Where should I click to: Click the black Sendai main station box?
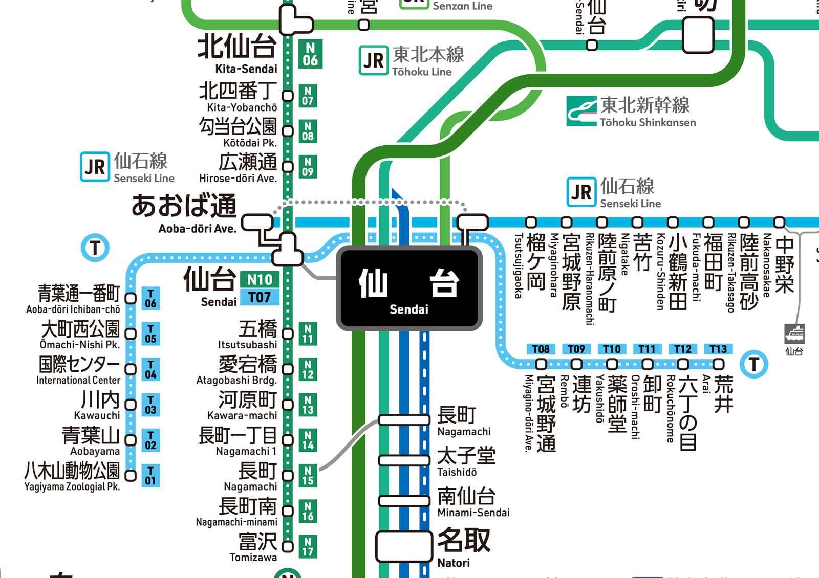tap(409, 288)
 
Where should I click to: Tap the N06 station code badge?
tap(310, 54)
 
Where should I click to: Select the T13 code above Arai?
tap(718, 349)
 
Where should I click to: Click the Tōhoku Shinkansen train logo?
tap(581, 111)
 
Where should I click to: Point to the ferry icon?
tap(794, 334)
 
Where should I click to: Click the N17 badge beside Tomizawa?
tap(308, 546)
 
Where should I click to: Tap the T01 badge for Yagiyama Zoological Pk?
tap(150, 475)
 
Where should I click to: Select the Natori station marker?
tap(404, 546)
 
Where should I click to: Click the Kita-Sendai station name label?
tap(246, 69)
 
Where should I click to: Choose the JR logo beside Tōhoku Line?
tap(373, 61)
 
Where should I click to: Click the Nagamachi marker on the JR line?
tap(404, 420)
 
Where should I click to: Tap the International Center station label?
tap(78, 380)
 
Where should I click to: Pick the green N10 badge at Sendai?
tap(260, 279)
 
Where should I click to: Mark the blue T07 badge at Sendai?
tap(260, 297)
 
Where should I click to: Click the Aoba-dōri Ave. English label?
tap(197, 229)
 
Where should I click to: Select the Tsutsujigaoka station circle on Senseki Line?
tap(531, 222)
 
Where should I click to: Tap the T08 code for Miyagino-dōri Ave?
tap(541, 349)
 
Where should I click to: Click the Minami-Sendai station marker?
tap(404, 501)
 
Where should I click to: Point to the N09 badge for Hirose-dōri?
tap(308, 167)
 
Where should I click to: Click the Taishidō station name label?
tap(457, 472)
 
